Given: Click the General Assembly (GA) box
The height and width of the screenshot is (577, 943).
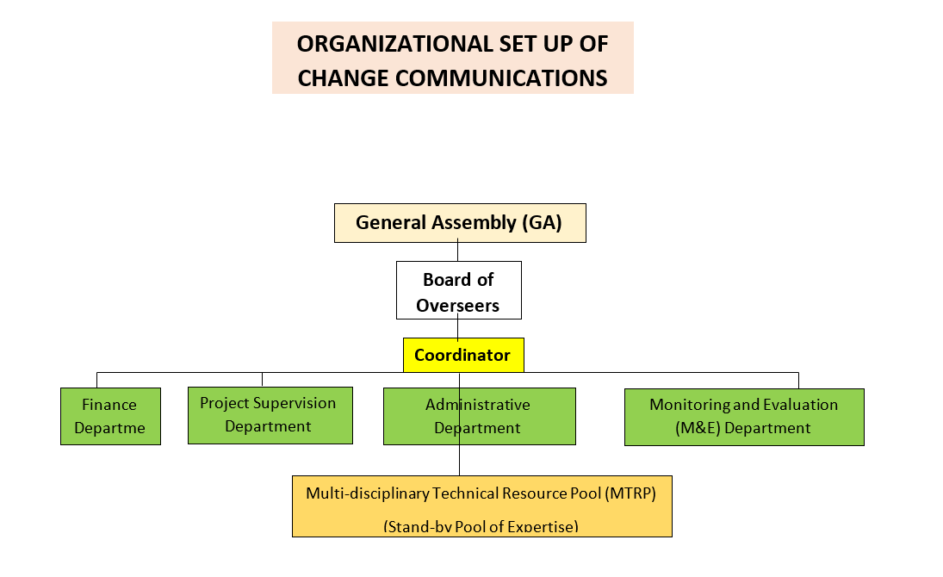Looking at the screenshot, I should click(460, 223).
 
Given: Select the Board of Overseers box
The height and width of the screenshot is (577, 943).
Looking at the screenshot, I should click(458, 291).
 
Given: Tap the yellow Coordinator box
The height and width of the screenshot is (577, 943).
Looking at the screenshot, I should click(462, 355).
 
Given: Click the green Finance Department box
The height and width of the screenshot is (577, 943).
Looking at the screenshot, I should click(110, 416).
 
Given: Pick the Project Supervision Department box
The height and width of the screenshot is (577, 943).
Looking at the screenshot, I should click(270, 415).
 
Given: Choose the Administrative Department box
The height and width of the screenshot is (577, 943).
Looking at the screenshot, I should click(479, 416).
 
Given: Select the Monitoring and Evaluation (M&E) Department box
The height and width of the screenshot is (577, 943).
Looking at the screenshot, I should click(743, 416).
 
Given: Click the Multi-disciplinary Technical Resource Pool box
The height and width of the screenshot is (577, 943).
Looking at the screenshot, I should click(481, 506).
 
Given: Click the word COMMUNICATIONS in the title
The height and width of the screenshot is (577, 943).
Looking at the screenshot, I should click(501, 78).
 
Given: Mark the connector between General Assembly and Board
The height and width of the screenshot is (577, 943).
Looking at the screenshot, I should click(458, 251).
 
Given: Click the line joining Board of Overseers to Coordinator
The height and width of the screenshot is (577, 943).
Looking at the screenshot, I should click(458, 328).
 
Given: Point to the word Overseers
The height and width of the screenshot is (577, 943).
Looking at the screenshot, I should click(458, 305).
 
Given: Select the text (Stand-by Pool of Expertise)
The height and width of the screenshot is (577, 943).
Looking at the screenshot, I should click(481, 526).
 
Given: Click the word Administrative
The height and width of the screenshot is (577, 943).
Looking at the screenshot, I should click(478, 405).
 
